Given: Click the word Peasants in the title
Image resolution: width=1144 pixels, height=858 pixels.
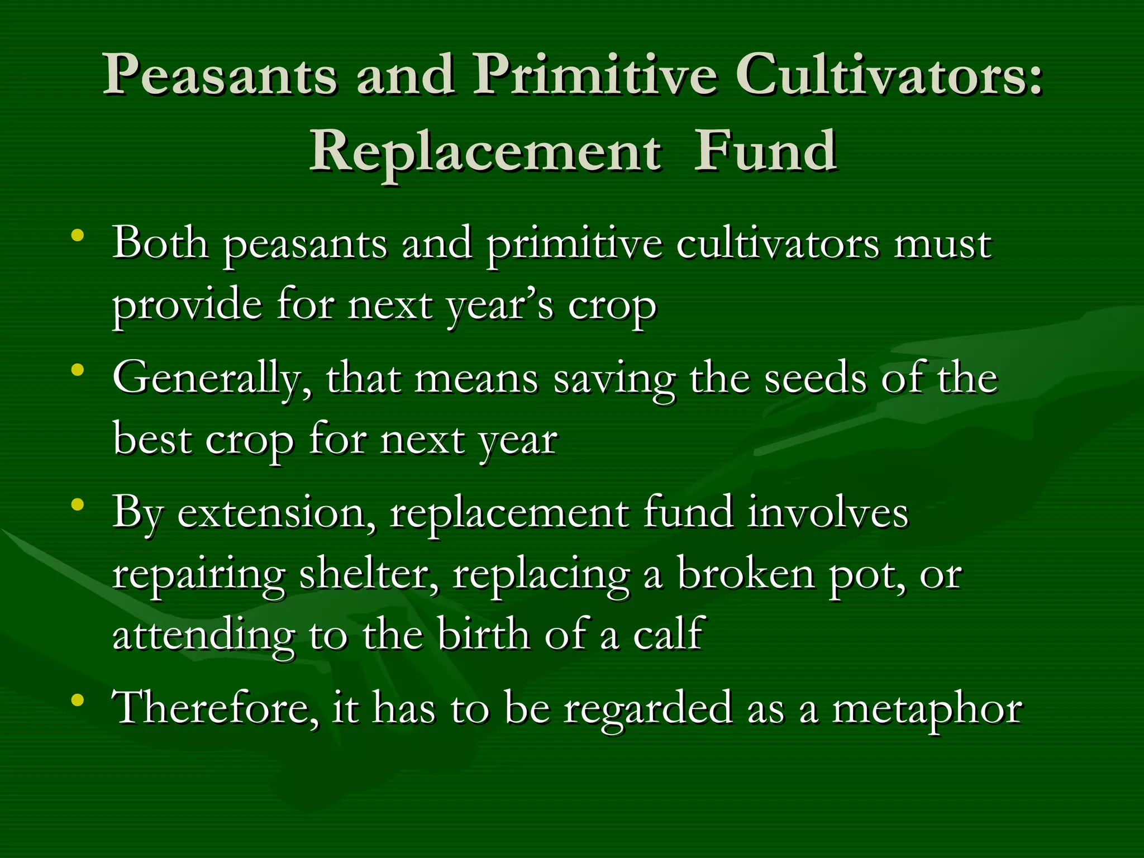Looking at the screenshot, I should click(x=220, y=75).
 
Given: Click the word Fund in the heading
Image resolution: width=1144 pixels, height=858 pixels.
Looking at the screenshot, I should click(x=765, y=151).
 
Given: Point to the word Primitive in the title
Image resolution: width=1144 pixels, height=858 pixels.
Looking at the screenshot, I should click(x=594, y=76).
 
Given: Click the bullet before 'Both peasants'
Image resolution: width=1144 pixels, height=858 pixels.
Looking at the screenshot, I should click(x=78, y=234).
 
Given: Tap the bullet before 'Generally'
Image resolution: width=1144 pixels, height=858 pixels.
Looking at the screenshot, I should click(x=78, y=369).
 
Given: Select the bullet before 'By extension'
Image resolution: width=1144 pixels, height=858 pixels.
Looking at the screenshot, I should click(x=78, y=504).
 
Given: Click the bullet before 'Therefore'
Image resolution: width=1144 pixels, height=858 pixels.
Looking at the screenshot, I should click(x=78, y=699).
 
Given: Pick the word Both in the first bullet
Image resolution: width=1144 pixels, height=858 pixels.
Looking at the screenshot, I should click(x=160, y=244).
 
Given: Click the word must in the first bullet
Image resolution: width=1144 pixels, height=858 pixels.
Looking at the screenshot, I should click(x=943, y=245).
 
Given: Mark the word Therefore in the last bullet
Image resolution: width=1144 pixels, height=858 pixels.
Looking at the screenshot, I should click(x=216, y=708).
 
